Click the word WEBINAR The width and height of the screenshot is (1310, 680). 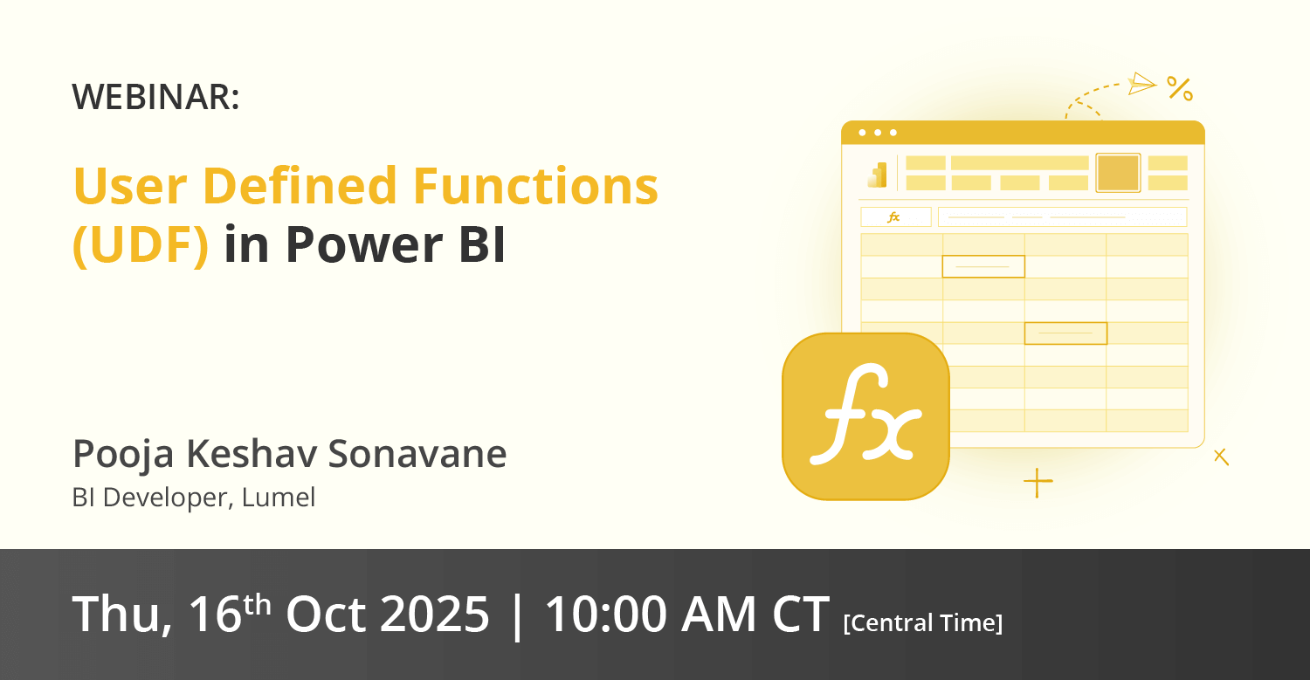152,97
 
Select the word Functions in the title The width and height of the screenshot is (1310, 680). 535,186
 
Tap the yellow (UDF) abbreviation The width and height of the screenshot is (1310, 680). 141,245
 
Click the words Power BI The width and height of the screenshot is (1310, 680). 396,244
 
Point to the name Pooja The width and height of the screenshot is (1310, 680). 123,455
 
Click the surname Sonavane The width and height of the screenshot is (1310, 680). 417,454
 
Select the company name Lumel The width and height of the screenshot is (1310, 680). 279,498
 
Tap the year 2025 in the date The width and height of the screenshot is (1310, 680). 435,614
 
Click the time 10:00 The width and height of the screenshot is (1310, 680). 606,614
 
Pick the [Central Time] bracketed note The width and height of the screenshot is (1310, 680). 923,623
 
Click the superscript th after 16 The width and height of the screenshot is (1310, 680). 258,605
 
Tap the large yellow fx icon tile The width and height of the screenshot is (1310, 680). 865,416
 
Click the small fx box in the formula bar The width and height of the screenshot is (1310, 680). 895,217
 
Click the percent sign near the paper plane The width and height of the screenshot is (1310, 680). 1180,89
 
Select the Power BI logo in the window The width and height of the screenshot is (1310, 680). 877,175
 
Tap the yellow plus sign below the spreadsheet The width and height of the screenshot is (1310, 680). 1038,483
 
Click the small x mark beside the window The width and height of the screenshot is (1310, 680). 1221,457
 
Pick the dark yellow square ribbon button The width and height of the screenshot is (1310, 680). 1118,173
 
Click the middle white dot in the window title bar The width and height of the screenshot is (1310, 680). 878,133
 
